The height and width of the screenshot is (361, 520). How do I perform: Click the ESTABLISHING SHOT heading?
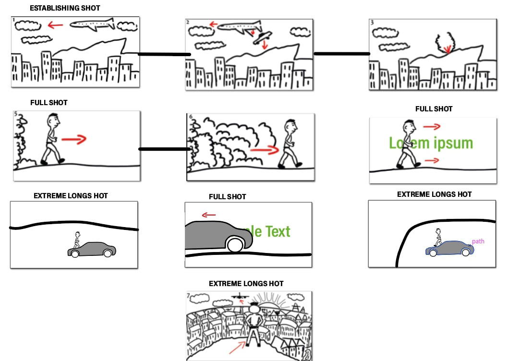pos(65,8)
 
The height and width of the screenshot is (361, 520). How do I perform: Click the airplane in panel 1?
pos(93,24)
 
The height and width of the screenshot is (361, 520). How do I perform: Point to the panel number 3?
pos(372,22)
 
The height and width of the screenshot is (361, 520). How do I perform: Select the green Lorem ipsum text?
pos(431,143)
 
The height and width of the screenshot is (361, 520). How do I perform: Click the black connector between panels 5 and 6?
pos(164,149)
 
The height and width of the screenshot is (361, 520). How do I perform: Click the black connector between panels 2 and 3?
pos(341,54)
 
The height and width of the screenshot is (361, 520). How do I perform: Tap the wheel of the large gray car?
pos(235,245)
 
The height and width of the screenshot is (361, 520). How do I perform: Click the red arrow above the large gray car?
pos(208,215)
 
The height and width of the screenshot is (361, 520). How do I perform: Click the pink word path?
pos(478,241)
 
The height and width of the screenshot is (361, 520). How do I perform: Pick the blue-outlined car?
pos(449,249)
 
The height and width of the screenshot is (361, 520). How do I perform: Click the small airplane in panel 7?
pos(239,297)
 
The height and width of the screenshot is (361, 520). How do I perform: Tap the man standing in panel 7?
pos(253,324)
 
